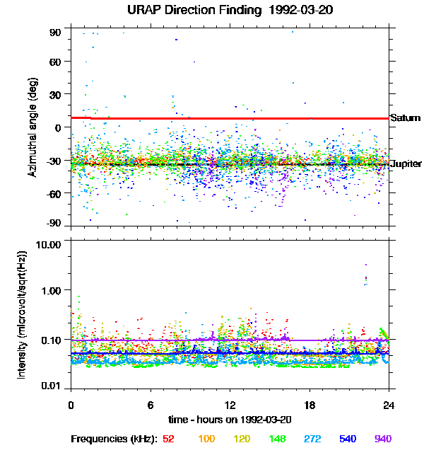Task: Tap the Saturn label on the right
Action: (x=405, y=118)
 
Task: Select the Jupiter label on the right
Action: (x=406, y=164)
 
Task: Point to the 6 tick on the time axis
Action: (x=151, y=405)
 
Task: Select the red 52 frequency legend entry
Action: (x=168, y=439)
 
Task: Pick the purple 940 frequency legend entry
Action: (x=383, y=439)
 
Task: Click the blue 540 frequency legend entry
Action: (x=348, y=439)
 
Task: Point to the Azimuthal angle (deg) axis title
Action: (x=33, y=127)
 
